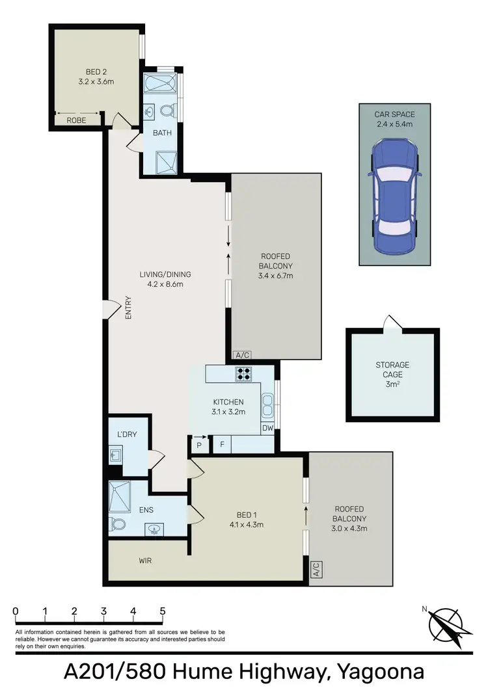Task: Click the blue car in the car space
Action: (394, 198)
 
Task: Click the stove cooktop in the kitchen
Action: (243, 373)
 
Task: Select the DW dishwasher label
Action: (267, 429)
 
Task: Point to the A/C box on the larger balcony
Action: (242, 355)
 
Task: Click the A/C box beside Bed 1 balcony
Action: (316, 570)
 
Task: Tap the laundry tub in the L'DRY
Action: (116, 454)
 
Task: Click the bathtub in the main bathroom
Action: (161, 84)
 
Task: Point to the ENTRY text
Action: (129, 308)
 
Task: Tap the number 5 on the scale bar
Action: (163, 611)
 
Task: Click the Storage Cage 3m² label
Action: (392, 374)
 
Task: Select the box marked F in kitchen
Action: (221, 445)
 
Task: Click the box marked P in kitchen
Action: (199, 445)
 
